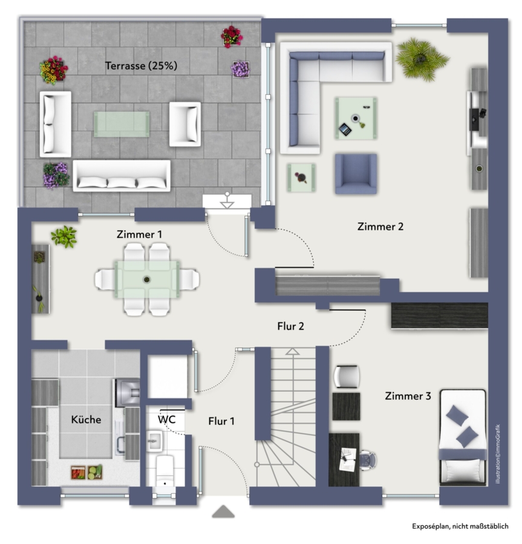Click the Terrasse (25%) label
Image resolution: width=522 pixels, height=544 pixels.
click(x=141, y=65)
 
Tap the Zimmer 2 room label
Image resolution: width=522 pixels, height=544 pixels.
click(x=380, y=227)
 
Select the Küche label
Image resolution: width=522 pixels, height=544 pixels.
click(x=86, y=419)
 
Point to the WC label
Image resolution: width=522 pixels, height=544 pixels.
click(x=166, y=419)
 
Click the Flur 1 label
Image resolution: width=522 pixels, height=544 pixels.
click(x=221, y=421)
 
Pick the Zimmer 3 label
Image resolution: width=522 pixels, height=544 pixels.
click(x=408, y=396)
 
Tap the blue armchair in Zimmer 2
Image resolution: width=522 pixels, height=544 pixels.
click(x=356, y=173)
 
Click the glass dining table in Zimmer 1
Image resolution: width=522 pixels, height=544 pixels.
click(x=147, y=279)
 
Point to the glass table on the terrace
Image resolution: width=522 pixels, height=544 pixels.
click(x=122, y=124)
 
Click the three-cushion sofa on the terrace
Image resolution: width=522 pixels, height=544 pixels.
click(x=122, y=175)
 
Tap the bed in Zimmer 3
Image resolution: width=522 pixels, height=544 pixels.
click(x=463, y=437)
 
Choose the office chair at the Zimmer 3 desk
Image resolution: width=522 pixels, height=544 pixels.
click(x=367, y=460)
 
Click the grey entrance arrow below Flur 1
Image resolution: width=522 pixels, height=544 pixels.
click(x=223, y=511)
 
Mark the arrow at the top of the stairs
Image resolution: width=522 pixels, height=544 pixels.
click(x=292, y=351)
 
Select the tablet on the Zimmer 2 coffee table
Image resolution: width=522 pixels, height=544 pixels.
click(x=345, y=129)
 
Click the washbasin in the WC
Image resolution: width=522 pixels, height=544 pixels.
click(x=154, y=441)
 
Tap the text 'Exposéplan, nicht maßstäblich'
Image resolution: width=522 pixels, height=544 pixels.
click(x=460, y=526)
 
